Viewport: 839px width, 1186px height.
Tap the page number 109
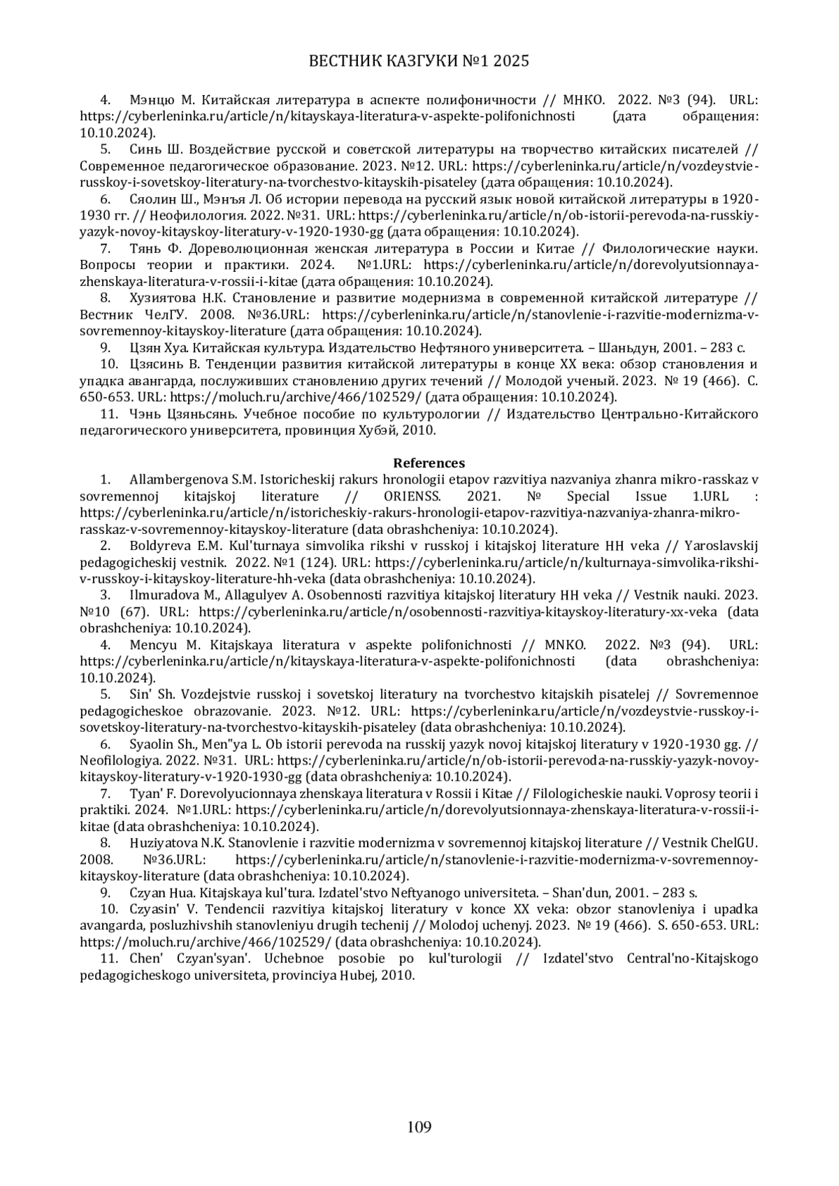click(419, 1126)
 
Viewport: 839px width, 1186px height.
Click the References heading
click(429, 463)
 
